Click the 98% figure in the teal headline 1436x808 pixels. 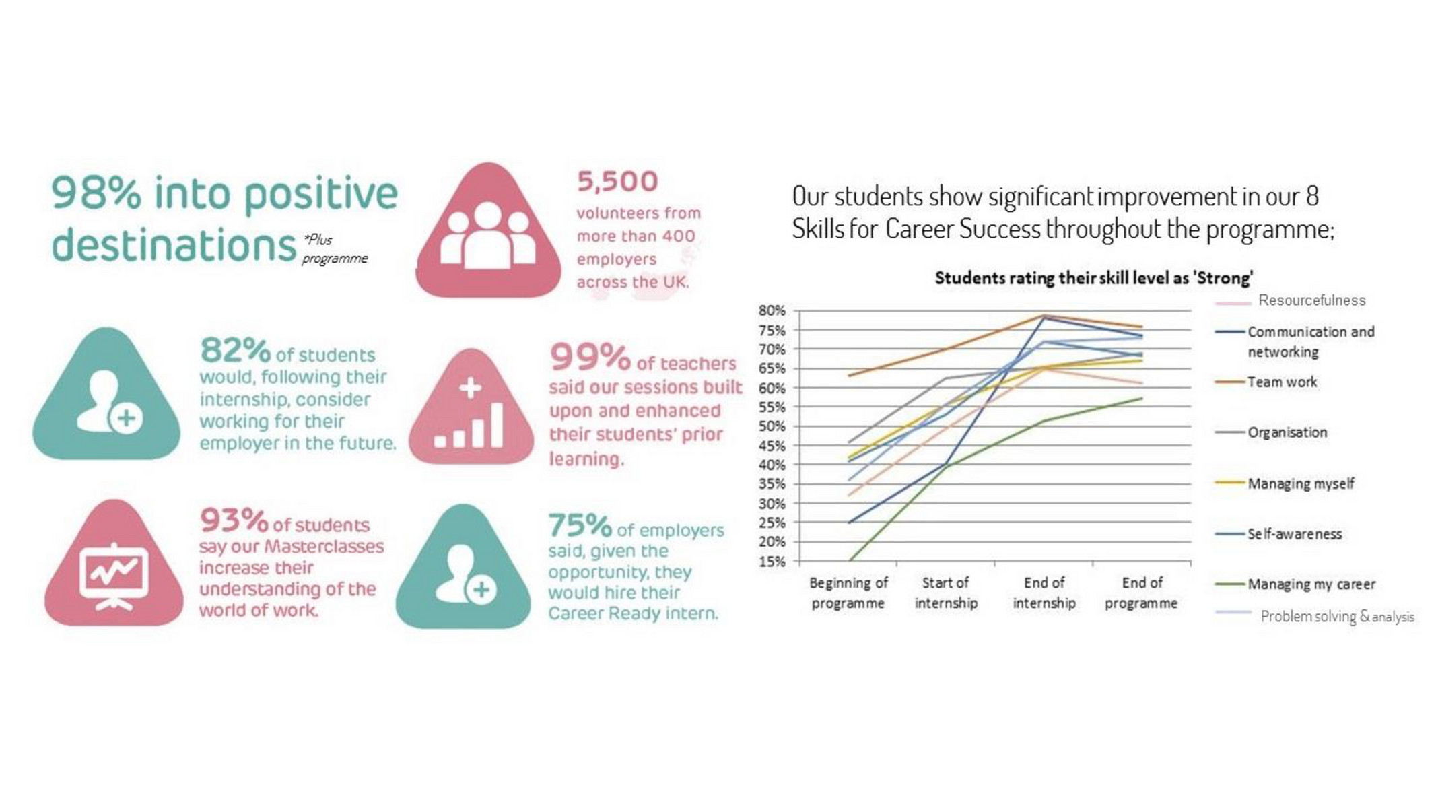[96, 194]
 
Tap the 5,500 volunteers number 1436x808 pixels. [617, 181]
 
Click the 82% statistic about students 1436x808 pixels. [235, 350]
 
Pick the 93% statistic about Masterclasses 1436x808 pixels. [234, 520]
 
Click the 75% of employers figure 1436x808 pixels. [579, 525]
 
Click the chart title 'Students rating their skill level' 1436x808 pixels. [1093, 278]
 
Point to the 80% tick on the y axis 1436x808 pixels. [772, 310]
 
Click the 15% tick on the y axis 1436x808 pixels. [772, 562]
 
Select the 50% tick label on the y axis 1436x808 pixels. [772, 426]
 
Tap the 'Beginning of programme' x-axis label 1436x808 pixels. [848, 593]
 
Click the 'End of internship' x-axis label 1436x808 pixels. [1044, 593]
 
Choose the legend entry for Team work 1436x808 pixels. [1281, 382]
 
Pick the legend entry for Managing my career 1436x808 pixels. [1310, 584]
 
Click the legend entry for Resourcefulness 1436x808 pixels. [1311, 300]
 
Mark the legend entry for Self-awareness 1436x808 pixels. [1294, 534]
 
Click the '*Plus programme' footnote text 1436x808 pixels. [333, 248]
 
